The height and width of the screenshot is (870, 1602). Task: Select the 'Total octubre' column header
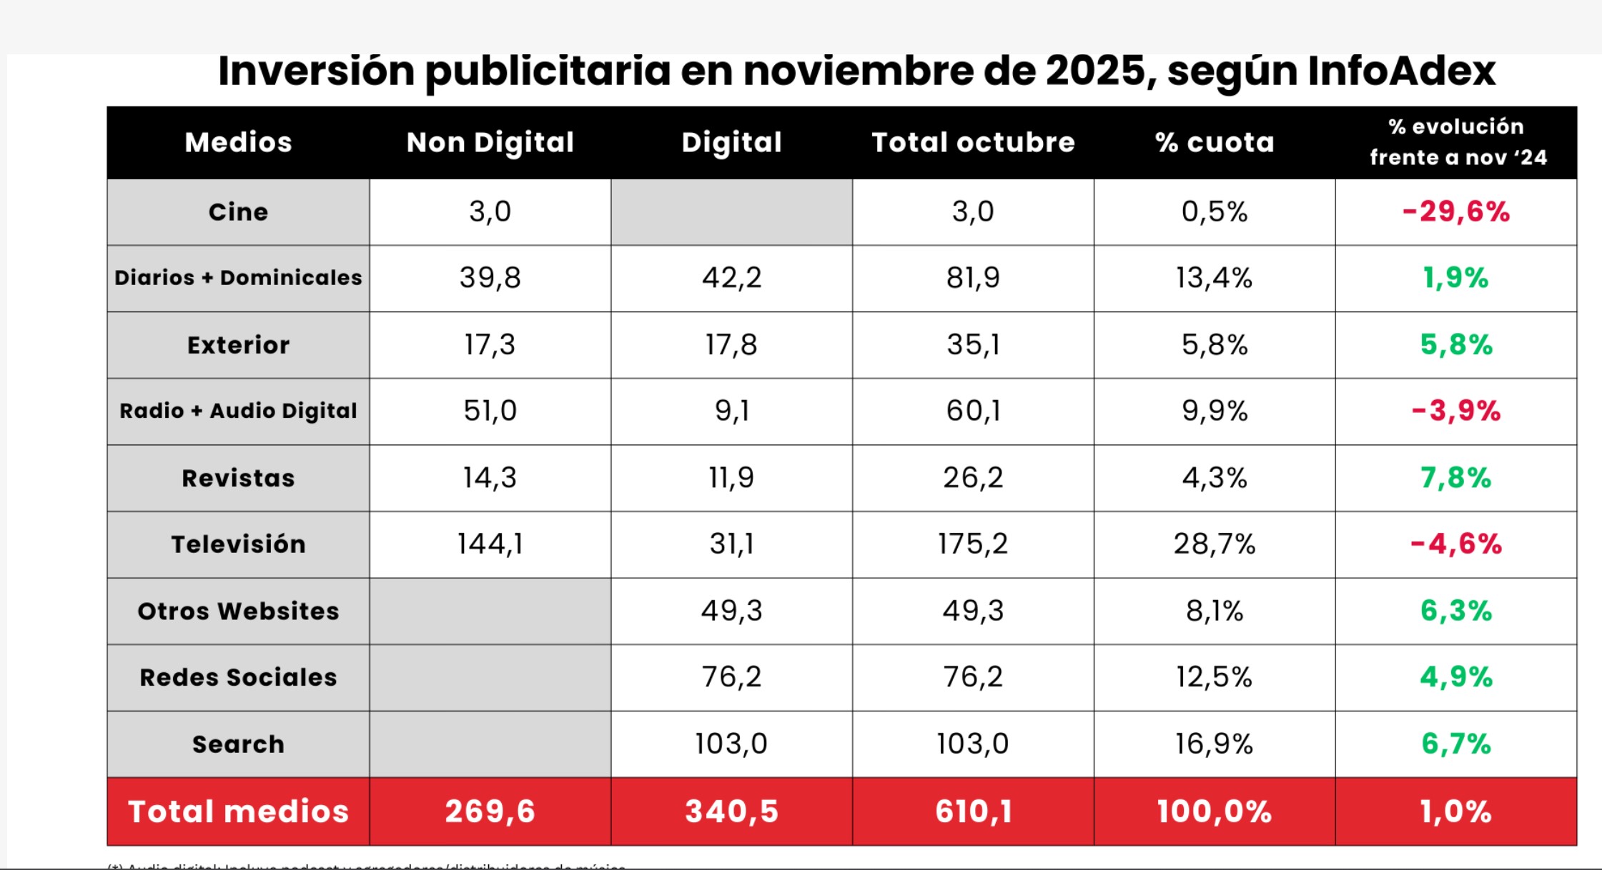click(x=973, y=142)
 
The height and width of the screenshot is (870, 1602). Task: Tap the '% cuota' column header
click(x=1215, y=142)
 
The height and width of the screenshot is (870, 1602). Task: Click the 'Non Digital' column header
click(x=490, y=142)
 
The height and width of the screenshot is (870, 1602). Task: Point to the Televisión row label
click(x=238, y=544)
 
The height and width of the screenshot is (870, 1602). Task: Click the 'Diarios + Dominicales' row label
click(x=238, y=278)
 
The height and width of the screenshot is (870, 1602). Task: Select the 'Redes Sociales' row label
click(x=238, y=677)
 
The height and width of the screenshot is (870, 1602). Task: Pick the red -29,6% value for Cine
click(x=1456, y=211)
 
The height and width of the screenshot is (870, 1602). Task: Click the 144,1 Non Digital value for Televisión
click(x=490, y=544)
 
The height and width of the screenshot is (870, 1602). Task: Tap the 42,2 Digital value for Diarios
click(x=731, y=278)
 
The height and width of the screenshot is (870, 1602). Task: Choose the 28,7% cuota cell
click(x=1215, y=544)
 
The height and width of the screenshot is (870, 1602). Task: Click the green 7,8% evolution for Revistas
click(x=1456, y=478)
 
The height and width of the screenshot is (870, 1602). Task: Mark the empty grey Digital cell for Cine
click(x=731, y=211)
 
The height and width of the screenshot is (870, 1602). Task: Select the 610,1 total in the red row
click(x=973, y=811)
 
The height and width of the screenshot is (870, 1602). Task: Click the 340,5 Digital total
click(x=731, y=811)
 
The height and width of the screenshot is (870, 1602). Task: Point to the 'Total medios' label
click(x=238, y=811)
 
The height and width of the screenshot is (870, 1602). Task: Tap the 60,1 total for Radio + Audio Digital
click(x=973, y=411)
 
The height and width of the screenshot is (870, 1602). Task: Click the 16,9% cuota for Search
click(x=1215, y=744)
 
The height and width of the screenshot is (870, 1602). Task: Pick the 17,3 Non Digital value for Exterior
click(x=490, y=345)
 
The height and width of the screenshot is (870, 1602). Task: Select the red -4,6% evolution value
click(x=1456, y=544)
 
